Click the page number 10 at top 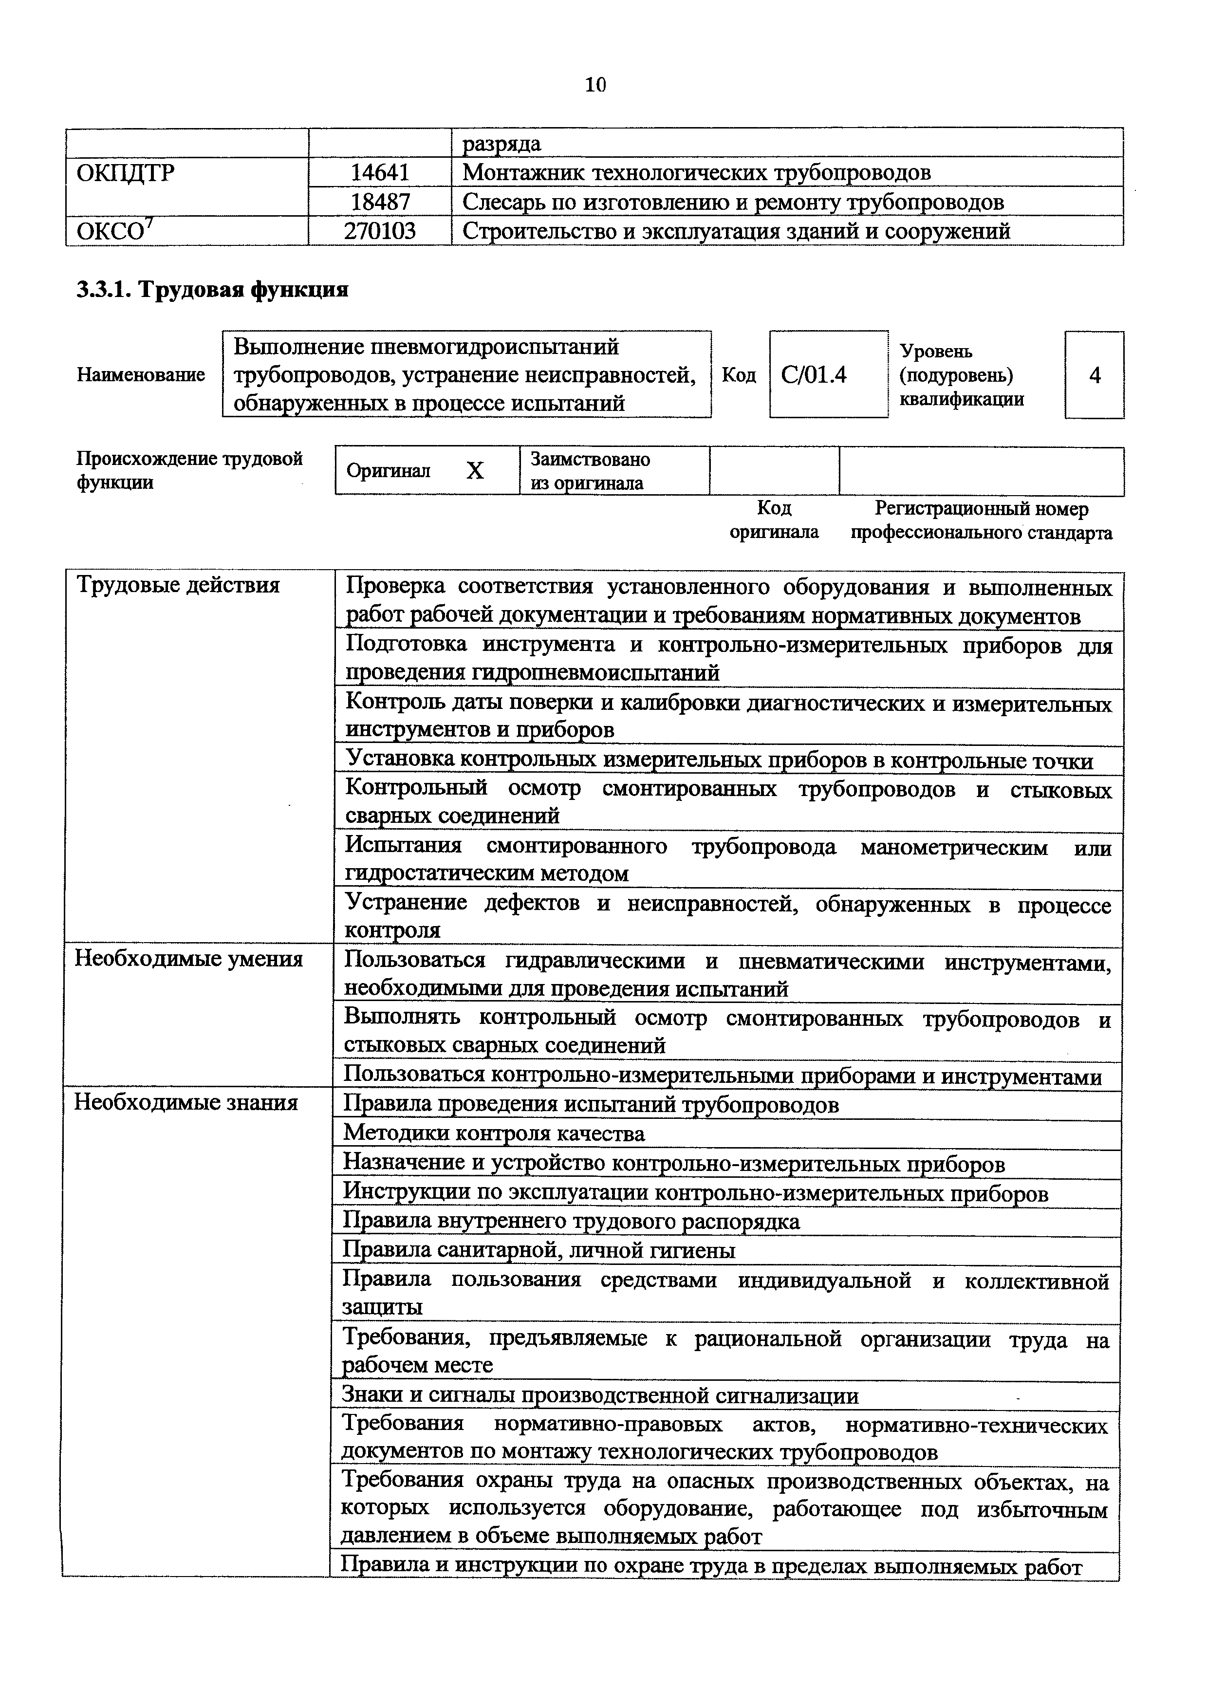[595, 85]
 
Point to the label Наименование [141, 375]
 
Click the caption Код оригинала [774, 520]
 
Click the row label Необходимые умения [189, 959]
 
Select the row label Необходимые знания [186, 1102]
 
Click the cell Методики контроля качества [494, 1133]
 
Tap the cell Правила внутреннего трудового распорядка [571, 1222]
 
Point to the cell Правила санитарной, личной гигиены [539, 1250]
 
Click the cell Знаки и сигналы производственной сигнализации [599, 1395]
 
